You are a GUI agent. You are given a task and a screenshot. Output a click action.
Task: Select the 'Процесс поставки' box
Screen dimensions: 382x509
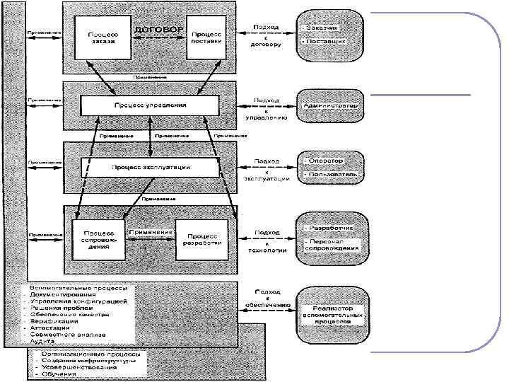pos(207,37)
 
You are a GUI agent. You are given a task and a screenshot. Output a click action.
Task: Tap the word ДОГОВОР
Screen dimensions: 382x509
pos(158,30)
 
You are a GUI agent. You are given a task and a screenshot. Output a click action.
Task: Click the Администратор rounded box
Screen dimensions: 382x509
pos(329,106)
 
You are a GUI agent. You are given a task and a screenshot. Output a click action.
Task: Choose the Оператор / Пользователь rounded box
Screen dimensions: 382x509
pos(330,167)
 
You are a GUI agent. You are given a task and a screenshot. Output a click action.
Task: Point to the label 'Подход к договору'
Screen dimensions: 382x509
pos(266,35)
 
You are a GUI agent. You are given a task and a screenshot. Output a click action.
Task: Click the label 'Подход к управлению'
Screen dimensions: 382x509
pos(266,110)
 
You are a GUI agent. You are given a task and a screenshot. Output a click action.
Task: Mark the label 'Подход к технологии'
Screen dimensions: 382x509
pos(266,241)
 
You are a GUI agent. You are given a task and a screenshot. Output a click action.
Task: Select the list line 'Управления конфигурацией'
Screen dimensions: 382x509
pos(79,301)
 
